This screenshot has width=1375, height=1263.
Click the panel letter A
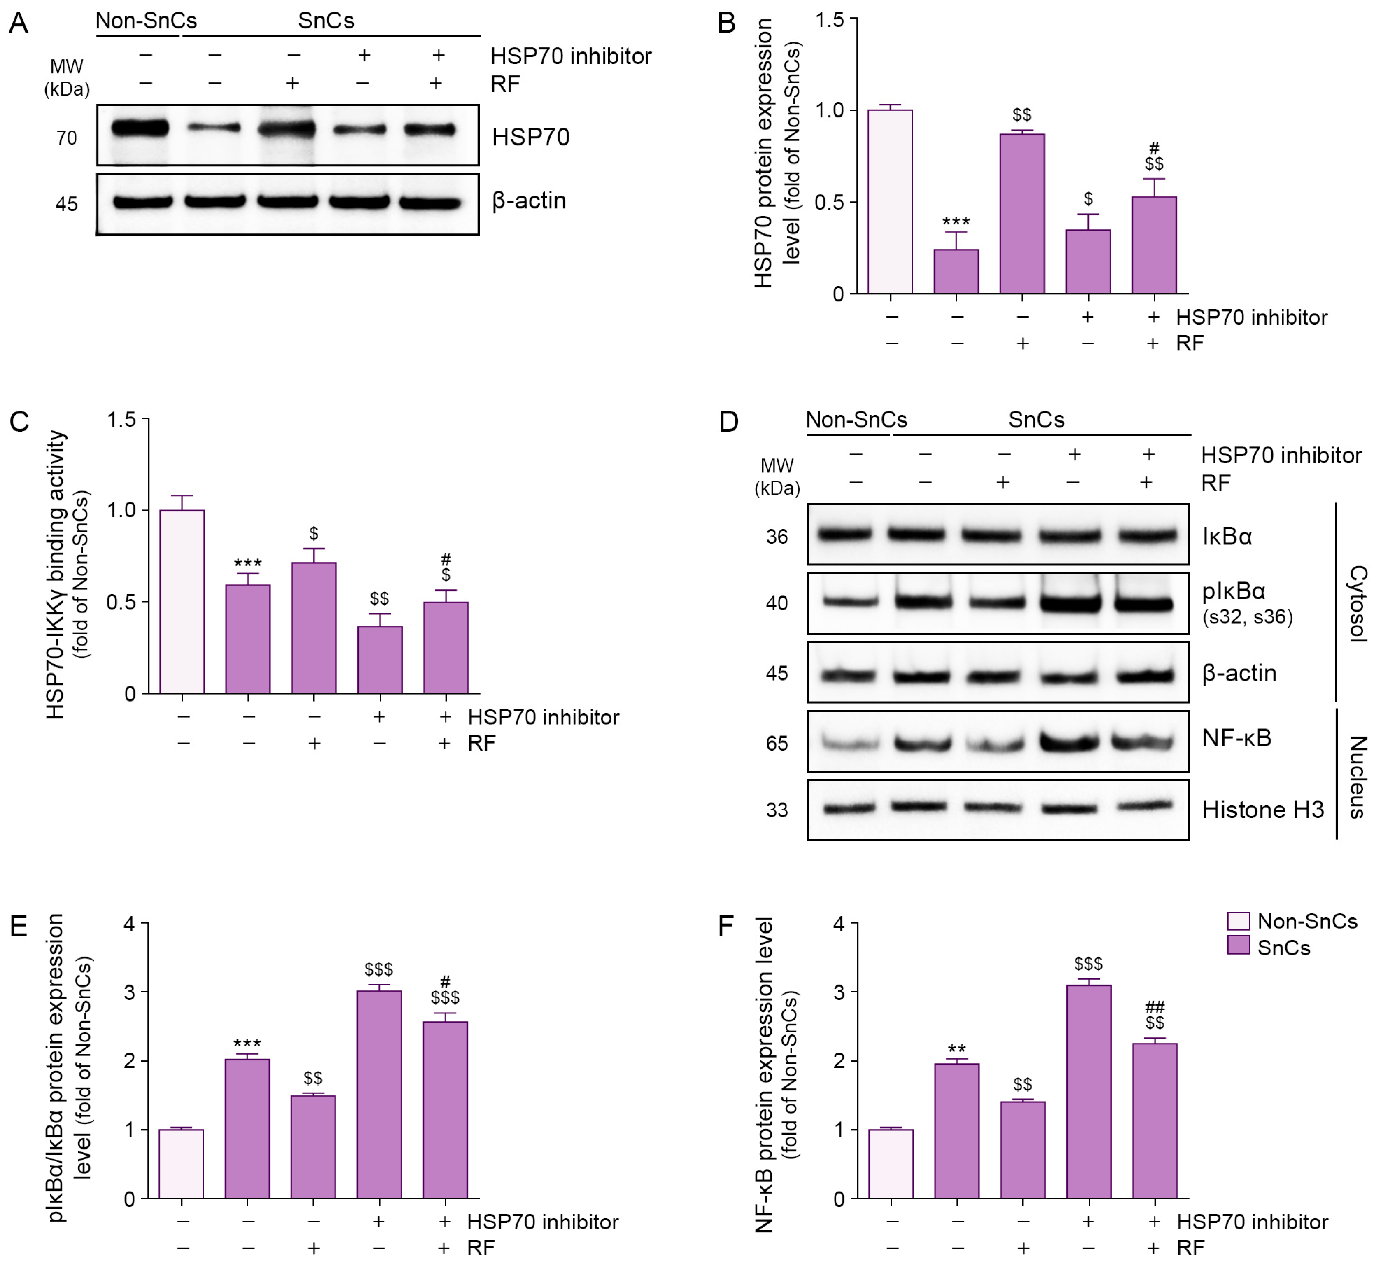click(x=19, y=23)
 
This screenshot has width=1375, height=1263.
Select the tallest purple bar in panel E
click(x=379, y=1094)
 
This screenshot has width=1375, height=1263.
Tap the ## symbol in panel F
click(x=1154, y=1007)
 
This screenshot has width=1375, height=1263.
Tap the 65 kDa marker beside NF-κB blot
click(x=777, y=744)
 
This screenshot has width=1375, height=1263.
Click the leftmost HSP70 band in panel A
click(x=140, y=128)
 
